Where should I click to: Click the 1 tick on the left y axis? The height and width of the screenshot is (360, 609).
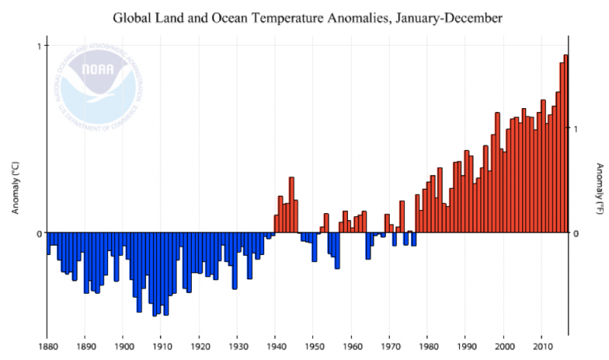coord(40,46)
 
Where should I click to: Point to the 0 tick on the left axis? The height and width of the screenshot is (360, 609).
coord(40,233)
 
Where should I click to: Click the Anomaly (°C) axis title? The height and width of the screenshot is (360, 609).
coord(15,187)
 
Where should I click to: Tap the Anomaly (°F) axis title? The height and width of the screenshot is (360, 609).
coord(599,187)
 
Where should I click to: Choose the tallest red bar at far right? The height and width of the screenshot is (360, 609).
coord(566,143)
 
